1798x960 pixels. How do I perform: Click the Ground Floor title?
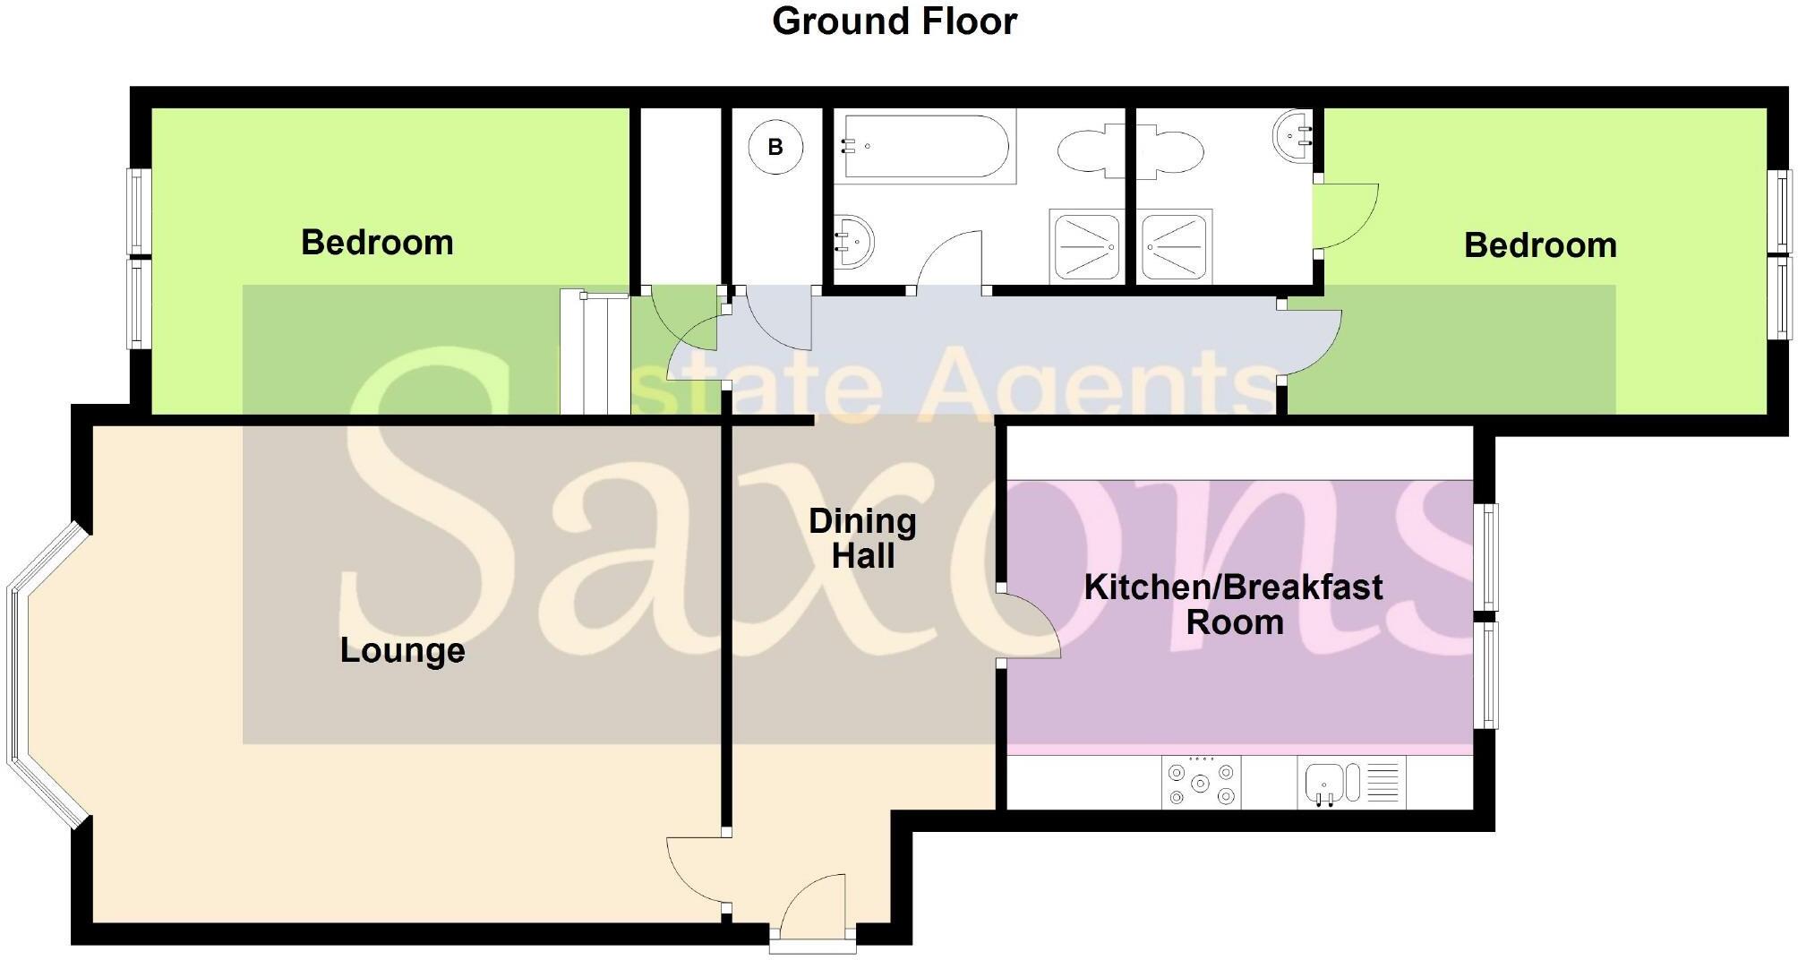(894, 21)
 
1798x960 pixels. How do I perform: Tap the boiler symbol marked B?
(775, 147)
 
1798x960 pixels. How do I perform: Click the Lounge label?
(402, 650)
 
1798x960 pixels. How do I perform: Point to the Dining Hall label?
(862, 538)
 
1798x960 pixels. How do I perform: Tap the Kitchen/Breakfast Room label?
(1233, 604)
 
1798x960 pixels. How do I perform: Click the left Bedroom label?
(377, 243)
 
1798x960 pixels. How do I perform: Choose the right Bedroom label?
(1539, 245)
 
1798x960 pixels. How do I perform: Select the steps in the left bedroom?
(595, 352)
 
